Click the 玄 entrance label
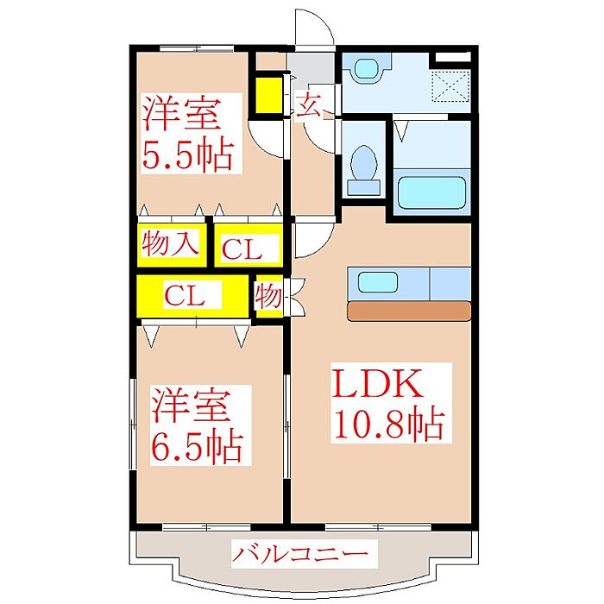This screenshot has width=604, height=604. click(x=308, y=104)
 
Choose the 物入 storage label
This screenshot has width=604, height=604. click(x=171, y=243)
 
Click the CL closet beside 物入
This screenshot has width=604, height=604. click(x=242, y=249)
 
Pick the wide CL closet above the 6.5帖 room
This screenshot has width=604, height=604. click(x=185, y=295)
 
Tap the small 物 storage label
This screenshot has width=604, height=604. click(x=268, y=296)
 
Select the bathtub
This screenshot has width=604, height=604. click(x=431, y=192)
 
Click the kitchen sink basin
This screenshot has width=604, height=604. click(x=378, y=281)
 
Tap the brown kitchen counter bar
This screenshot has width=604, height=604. click(x=409, y=311)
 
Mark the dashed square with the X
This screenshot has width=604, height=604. click(x=450, y=86)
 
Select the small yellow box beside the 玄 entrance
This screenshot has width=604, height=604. click(x=269, y=95)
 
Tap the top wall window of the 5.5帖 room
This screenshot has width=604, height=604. click(x=197, y=48)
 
